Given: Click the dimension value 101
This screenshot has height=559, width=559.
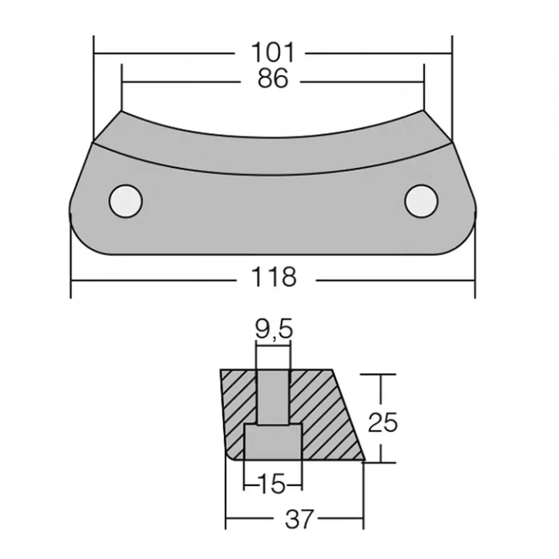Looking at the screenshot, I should pyautogui.click(x=273, y=53).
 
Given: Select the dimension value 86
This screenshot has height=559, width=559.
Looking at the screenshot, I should pyautogui.click(x=273, y=79).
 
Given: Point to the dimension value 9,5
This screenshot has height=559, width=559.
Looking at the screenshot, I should pyautogui.click(x=274, y=330).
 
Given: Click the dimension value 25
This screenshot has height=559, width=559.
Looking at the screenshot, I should pyautogui.click(x=382, y=423).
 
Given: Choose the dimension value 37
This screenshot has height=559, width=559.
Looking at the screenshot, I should pyautogui.click(x=298, y=519).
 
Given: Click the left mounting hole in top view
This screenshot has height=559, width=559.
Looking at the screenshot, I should pyautogui.click(x=125, y=201).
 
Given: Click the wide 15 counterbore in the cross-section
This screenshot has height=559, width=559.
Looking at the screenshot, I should pyautogui.click(x=273, y=442).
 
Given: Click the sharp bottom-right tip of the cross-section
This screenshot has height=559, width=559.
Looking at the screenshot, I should pyautogui.click(x=364, y=461).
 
